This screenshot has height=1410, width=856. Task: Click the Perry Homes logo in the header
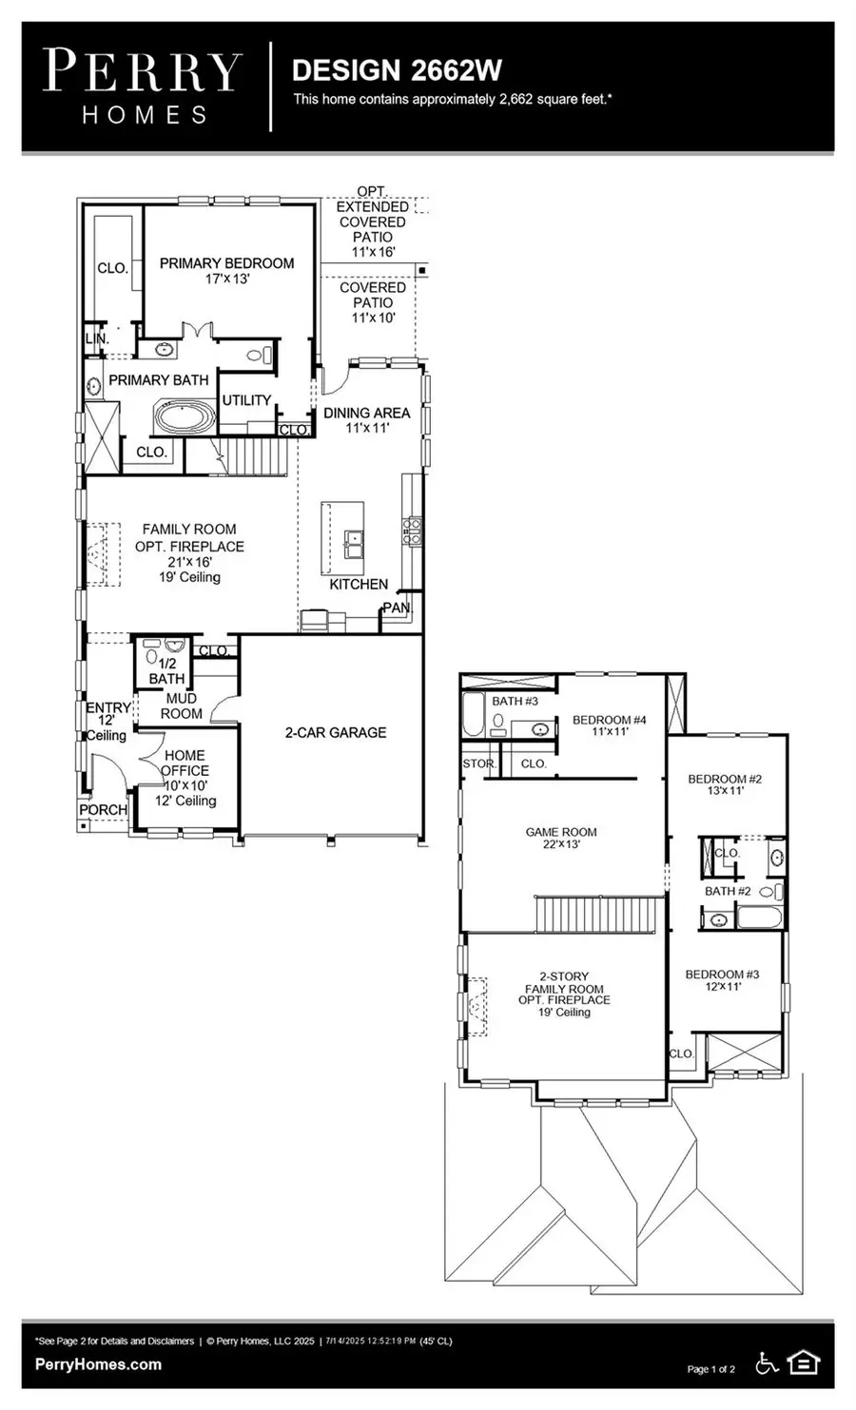click(x=143, y=87)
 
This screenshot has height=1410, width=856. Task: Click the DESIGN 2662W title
click(x=397, y=69)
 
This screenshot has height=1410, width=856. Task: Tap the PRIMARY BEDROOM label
click(x=226, y=263)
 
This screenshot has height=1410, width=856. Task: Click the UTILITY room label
click(x=246, y=400)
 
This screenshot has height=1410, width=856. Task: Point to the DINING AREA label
click(x=366, y=413)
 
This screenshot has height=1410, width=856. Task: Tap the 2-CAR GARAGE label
click(x=335, y=732)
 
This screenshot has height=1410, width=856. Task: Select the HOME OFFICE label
click(x=185, y=763)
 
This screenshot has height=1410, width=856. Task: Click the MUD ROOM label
click(x=181, y=705)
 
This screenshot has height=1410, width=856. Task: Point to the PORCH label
click(x=103, y=809)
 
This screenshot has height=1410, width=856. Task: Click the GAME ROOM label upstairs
click(x=561, y=832)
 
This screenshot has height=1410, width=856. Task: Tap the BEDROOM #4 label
click(x=609, y=720)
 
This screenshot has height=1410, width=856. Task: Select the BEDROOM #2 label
click(x=725, y=779)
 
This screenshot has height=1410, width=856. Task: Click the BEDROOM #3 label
click(x=722, y=975)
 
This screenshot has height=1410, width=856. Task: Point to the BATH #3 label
click(x=515, y=701)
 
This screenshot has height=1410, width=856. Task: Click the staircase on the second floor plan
click(x=597, y=915)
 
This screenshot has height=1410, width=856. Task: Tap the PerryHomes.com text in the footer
click(x=98, y=1364)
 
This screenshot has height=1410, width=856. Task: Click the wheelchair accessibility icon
click(x=767, y=1363)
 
